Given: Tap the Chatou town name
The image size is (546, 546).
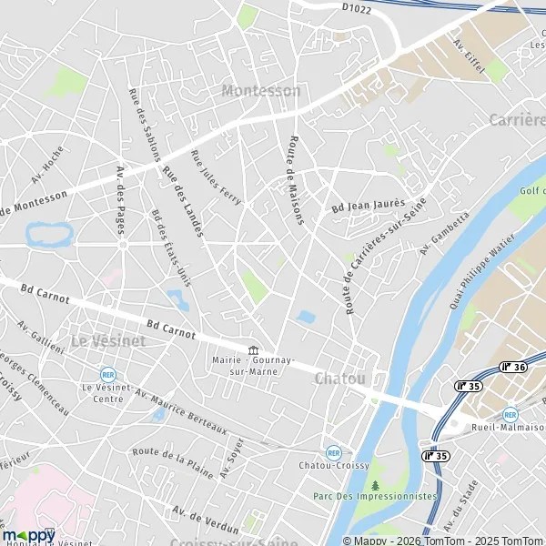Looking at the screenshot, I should click(340, 378).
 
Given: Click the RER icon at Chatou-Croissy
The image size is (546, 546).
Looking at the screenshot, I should click(333, 452).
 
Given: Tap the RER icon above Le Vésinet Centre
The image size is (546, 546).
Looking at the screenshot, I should click(108, 374).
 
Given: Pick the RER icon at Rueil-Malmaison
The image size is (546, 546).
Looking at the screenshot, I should click(510, 413).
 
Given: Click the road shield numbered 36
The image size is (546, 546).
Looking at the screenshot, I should click(513, 368).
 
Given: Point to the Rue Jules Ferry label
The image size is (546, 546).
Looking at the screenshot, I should click(216, 177).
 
